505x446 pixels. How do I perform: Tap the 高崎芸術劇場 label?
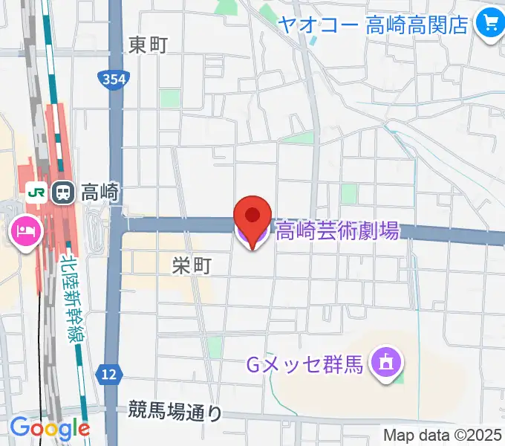pyautogui.click(x=338, y=231)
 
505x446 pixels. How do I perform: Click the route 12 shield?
pyautogui.click(x=109, y=374)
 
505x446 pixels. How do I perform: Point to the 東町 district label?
pyautogui.click(x=148, y=45)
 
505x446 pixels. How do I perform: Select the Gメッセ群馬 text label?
pyautogui.click(x=304, y=366)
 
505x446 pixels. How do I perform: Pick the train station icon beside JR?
pyautogui.click(x=62, y=192)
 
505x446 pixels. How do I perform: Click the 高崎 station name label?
pyautogui.click(x=99, y=193)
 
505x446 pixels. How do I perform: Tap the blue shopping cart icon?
pyautogui.click(x=489, y=24)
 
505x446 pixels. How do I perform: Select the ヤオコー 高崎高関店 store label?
pyautogui.click(x=373, y=24)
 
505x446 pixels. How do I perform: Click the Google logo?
pyautogui.click(x=50, y=429)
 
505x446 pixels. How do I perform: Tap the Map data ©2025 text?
pyautogui.click(x=443, y=435)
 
